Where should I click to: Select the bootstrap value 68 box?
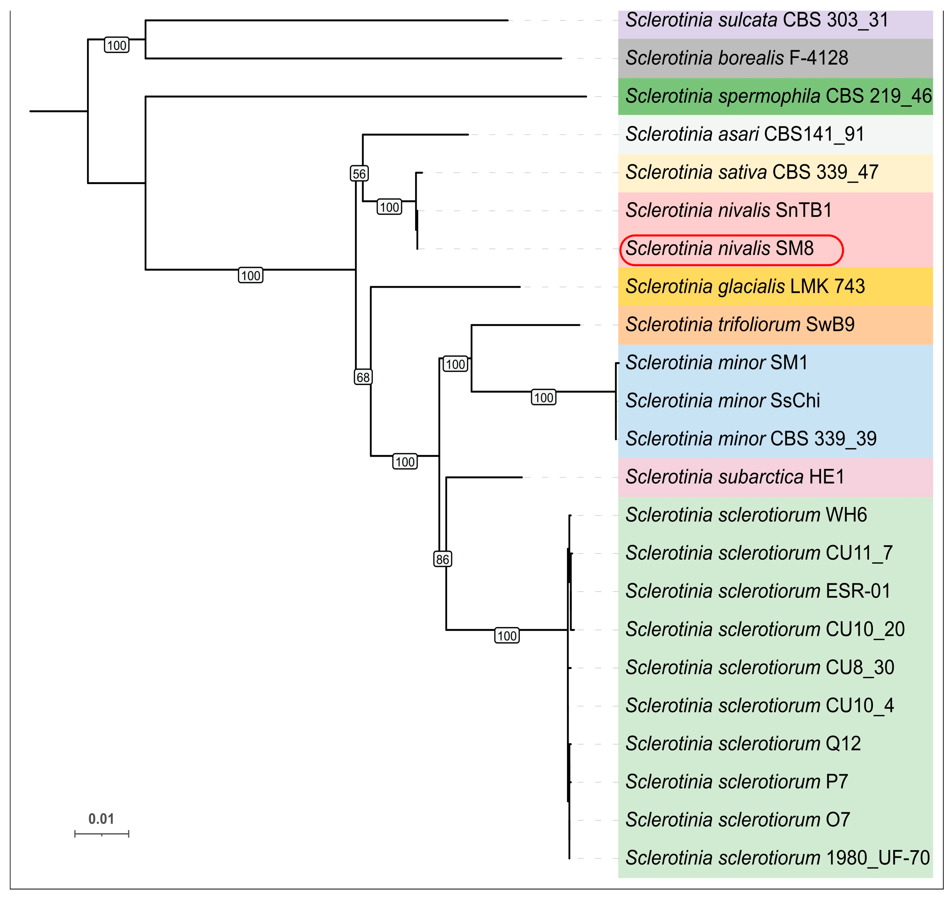363,377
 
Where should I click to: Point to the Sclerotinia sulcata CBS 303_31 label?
757,20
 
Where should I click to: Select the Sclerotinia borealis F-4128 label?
737,58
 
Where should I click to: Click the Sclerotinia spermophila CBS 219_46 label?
778,96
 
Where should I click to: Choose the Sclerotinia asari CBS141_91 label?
745,134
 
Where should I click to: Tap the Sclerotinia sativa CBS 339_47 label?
752,172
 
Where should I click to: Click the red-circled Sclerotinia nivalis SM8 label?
719,248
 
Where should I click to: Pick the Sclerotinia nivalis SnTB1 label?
728,210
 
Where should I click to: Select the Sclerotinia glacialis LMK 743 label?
745,286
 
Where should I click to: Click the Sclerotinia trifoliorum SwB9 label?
740,324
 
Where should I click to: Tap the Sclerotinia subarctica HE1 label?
735,477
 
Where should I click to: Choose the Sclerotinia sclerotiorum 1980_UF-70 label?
777,858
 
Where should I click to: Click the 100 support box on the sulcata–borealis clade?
117,46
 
